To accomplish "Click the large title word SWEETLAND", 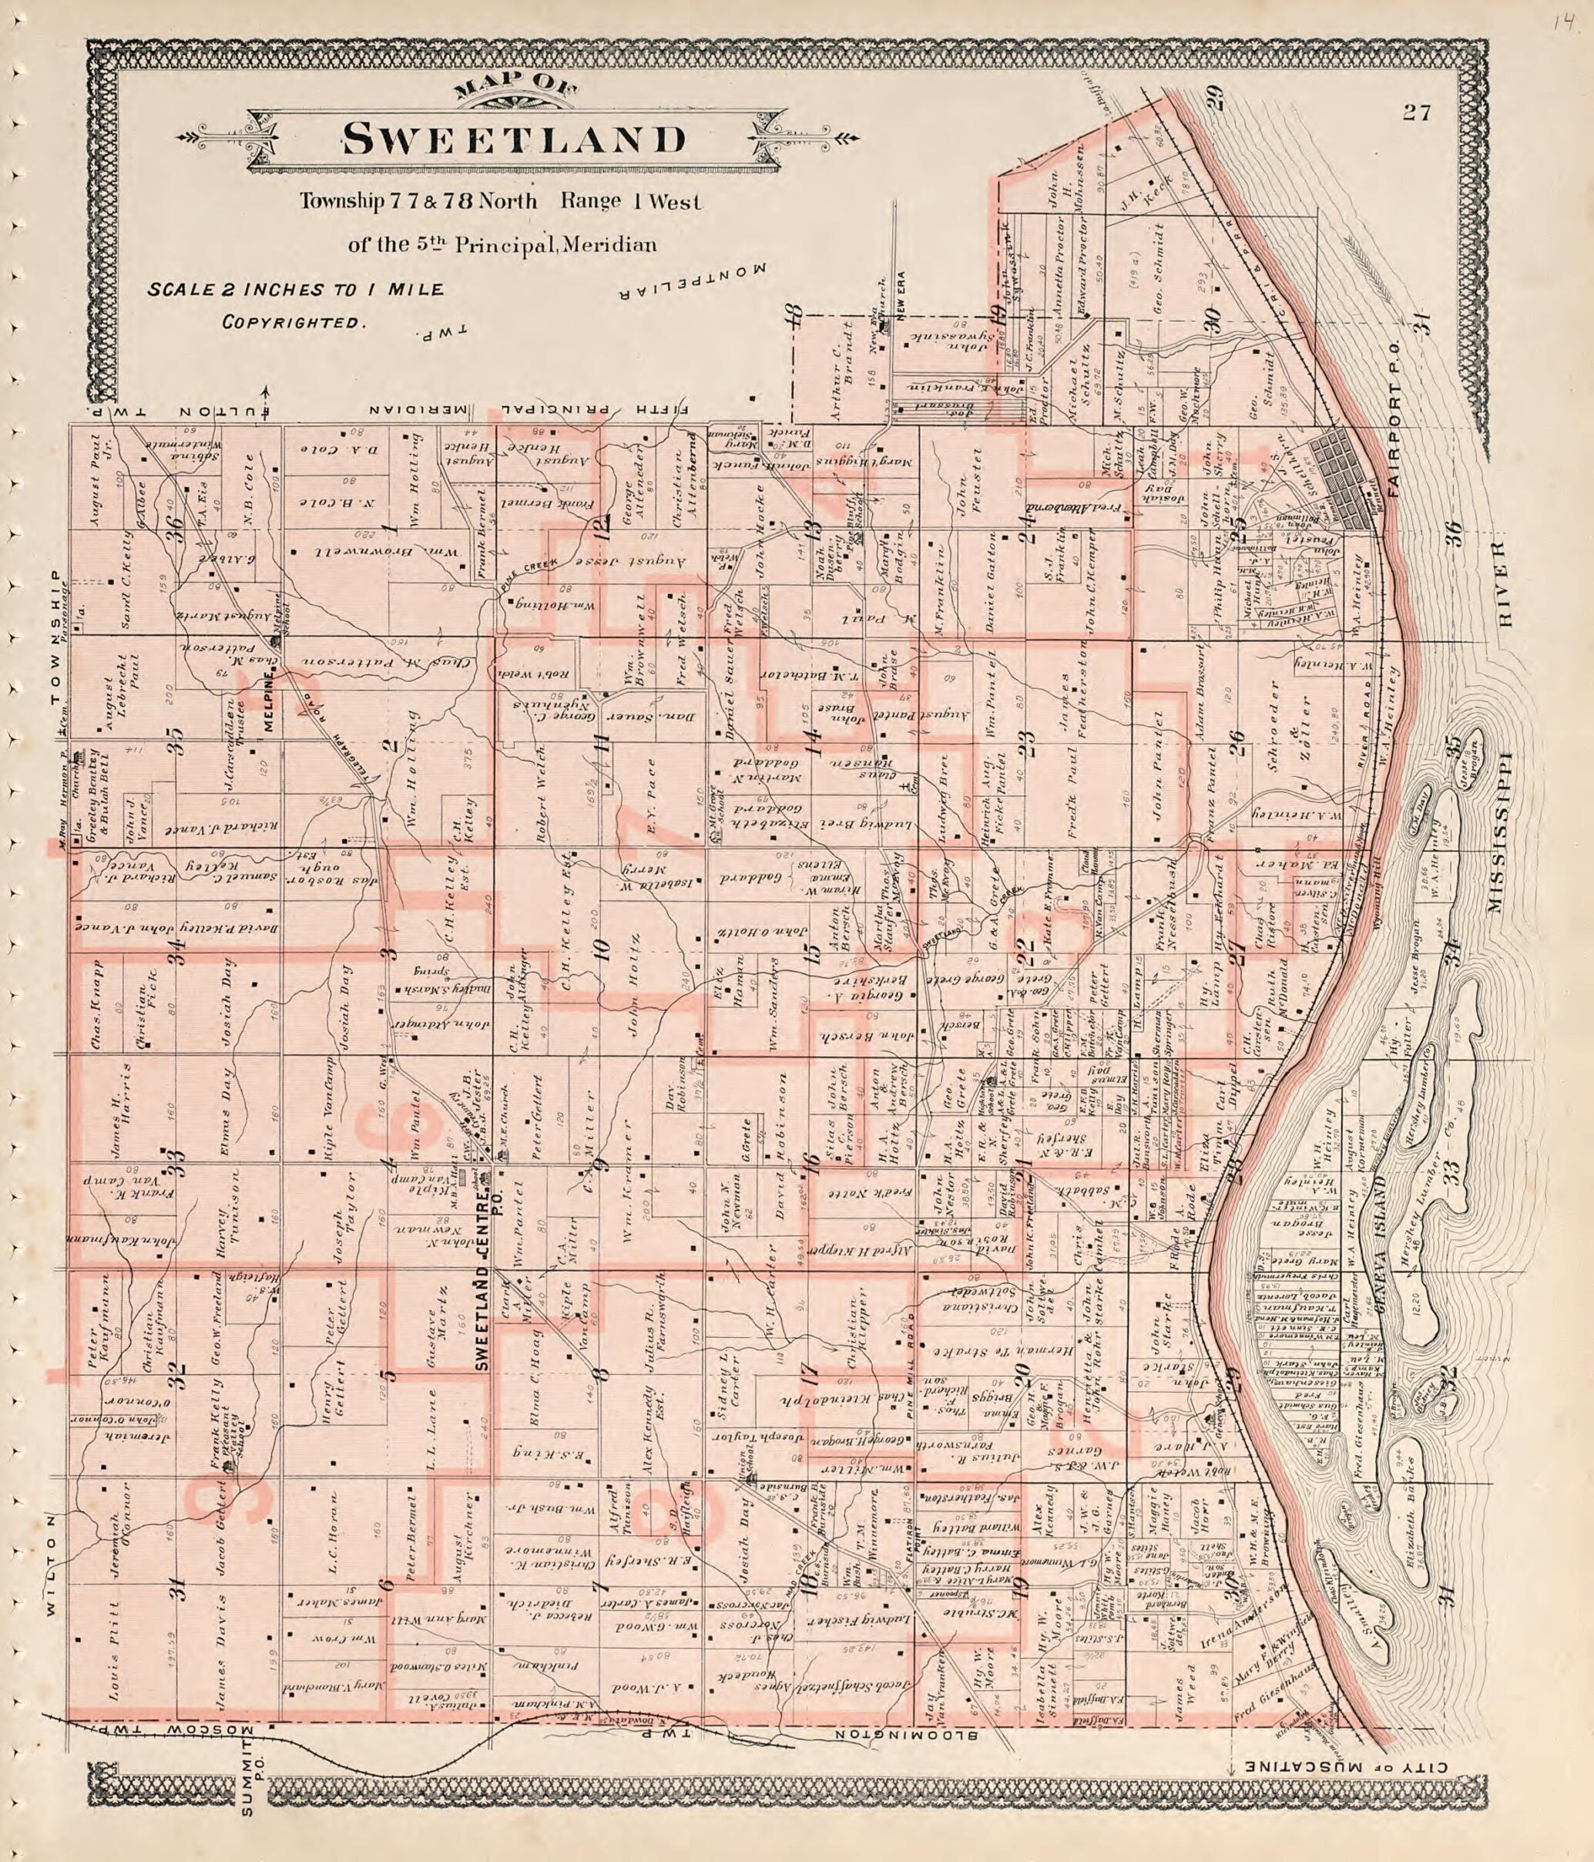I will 514,139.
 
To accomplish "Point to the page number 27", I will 1414,113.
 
